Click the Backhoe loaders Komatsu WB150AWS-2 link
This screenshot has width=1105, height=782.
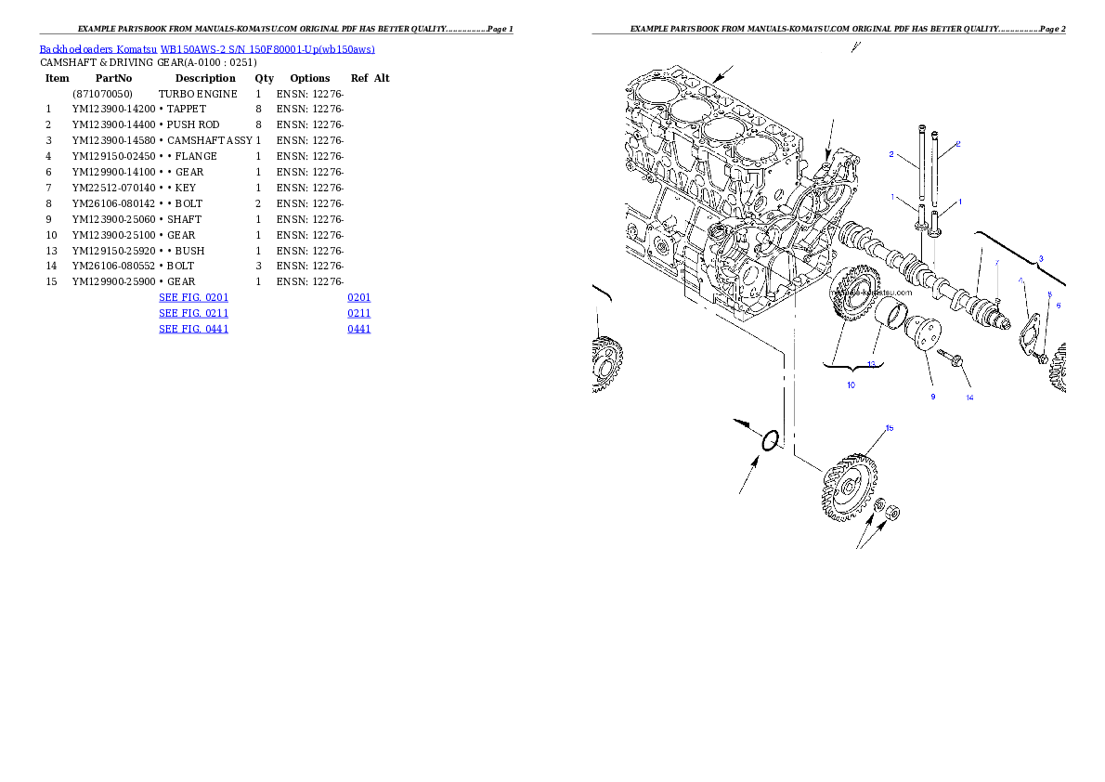click(207, 49)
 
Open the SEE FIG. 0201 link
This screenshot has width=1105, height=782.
click(193, 297)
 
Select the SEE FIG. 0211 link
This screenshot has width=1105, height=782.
click(193, 313)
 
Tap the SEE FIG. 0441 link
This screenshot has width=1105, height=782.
click(193, 329)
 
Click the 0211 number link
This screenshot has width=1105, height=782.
click(359, 313)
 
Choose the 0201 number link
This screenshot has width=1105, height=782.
click(359, 297)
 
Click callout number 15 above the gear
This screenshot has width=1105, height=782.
click(889, 428)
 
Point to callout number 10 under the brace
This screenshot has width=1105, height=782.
click(851, 384)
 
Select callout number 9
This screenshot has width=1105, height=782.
click(933, 397)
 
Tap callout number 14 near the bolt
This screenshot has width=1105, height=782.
click(969, 398)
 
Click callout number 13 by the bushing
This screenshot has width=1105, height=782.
click(871, 364)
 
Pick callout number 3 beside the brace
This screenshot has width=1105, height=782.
click(1040, 258)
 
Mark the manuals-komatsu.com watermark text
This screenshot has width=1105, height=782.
click(873, 293)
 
